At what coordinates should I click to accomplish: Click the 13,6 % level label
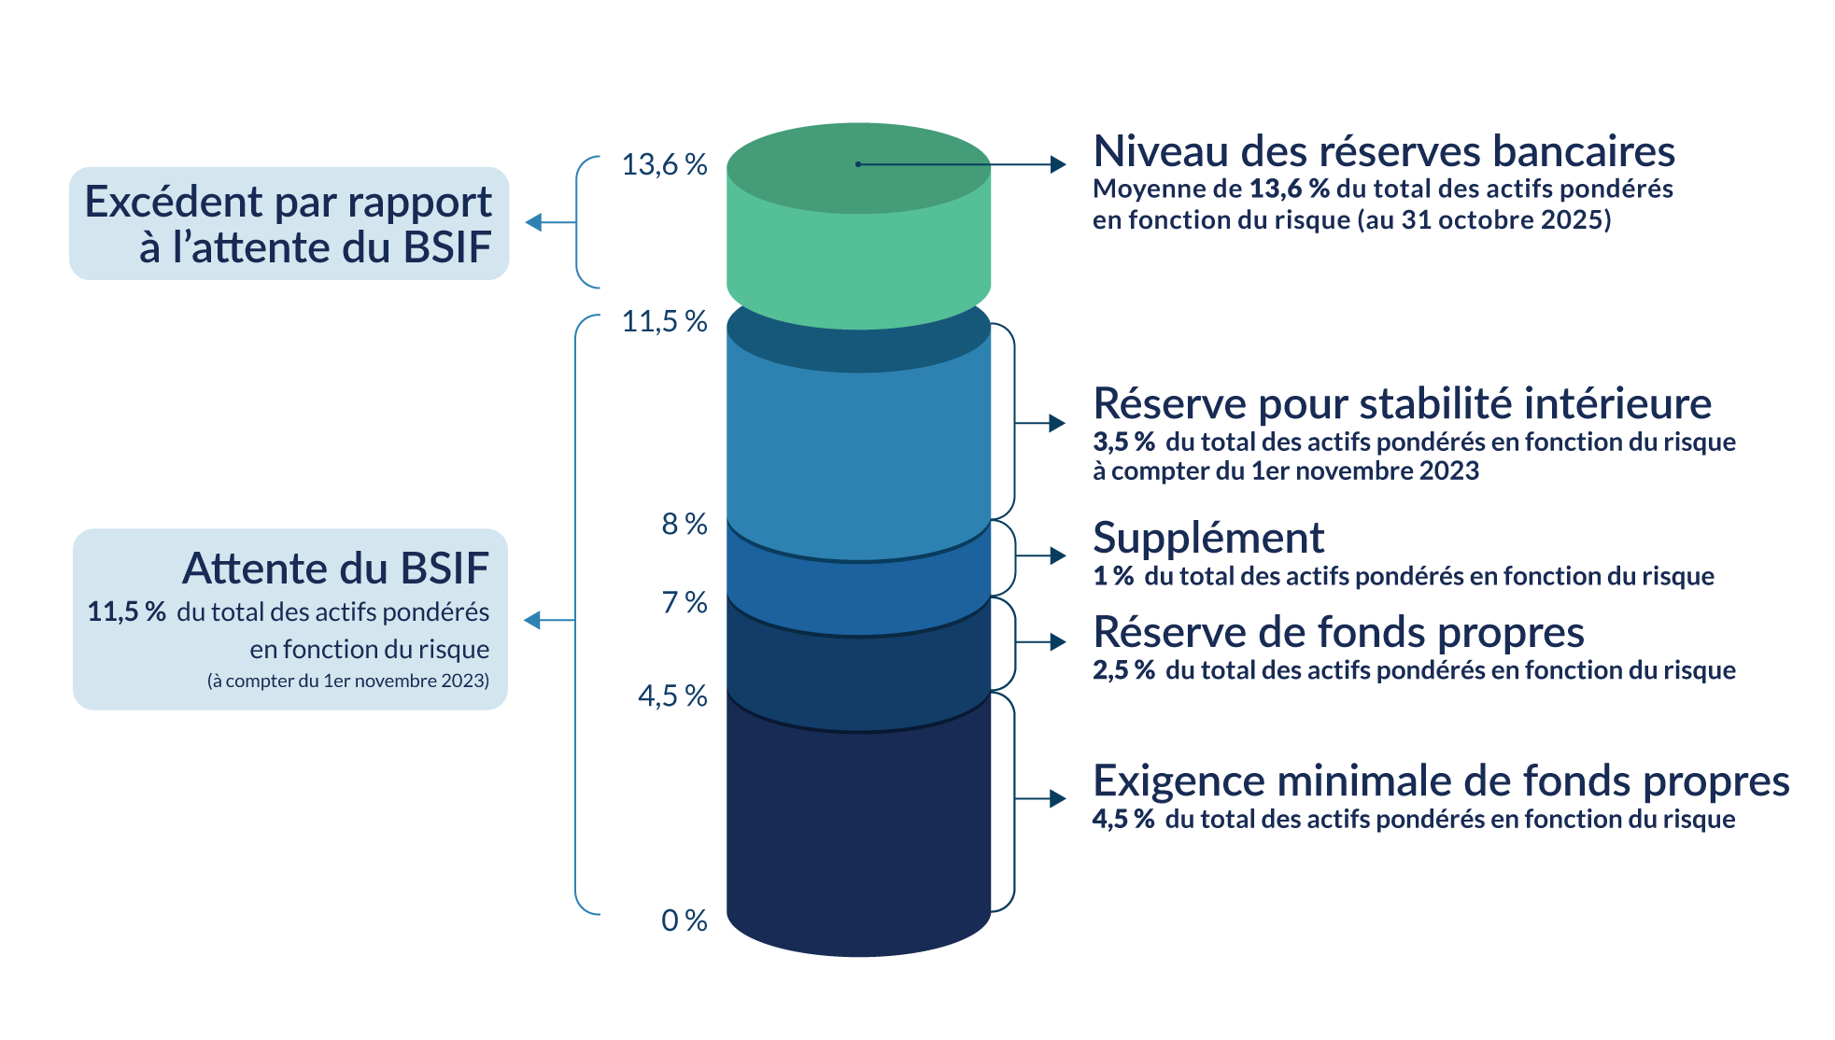pos(664,165)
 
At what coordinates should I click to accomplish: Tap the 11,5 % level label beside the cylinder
pos(664,322)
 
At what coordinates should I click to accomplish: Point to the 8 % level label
pos(684,525)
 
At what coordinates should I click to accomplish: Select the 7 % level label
pos(684,603)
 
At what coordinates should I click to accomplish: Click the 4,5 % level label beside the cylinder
pos(671,696)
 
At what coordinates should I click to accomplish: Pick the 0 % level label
pos(684,921)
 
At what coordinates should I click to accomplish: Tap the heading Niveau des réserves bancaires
pos(1383,151)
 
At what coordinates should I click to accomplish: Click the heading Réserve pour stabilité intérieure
pos(1402,404)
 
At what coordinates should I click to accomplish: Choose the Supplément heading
pos(1207,539)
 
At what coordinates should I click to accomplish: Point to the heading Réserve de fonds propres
pos(1338,633)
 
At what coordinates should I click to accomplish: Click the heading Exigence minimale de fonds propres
pos(1440,781)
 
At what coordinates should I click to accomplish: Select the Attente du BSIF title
pos(335,569)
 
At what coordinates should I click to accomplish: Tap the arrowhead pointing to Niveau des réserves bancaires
pos(1058,165)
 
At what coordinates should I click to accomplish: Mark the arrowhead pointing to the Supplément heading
pos(1058,556)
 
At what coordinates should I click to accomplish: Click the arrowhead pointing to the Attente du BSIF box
pos(533,621)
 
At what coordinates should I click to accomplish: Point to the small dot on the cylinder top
pos(858,165)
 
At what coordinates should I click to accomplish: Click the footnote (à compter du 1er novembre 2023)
pos(347,682)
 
